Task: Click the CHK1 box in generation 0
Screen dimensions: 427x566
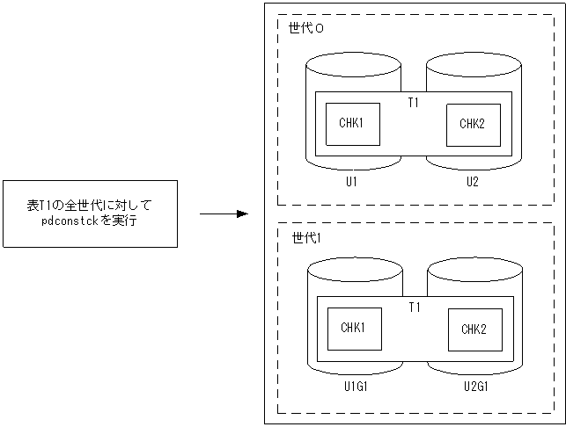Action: (351, 124)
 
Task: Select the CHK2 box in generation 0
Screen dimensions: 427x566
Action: (472, 124)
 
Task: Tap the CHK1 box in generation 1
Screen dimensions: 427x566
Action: (352, 329)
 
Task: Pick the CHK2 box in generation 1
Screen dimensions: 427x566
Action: (474, 330)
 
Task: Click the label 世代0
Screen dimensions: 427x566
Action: (305, 28)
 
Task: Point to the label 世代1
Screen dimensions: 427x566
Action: (305, 238)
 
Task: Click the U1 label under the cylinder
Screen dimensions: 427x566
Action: (350, 182)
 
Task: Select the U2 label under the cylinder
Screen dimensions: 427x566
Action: (473, 182)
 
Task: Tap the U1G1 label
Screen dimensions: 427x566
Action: (355, 387)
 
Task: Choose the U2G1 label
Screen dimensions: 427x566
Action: (476, 387)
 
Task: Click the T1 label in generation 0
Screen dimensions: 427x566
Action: (414, 103)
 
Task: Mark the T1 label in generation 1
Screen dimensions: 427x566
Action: (415, 308)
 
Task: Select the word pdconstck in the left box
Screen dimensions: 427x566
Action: (70, 221)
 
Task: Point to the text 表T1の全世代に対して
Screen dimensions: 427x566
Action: (90, 206)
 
